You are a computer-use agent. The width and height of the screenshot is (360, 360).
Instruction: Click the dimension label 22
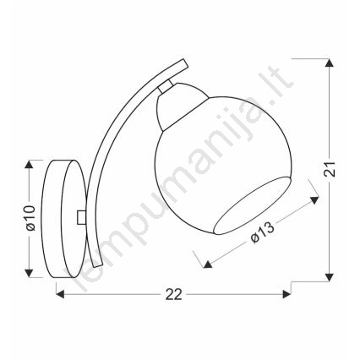click(174, 295)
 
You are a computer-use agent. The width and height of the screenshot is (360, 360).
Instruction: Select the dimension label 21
click(330, 169)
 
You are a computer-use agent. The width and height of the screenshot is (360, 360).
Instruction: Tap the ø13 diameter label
click(262, 232)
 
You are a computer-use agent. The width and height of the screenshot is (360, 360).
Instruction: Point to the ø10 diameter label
click(30, 218)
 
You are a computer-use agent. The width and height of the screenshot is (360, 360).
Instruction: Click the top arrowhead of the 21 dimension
click(330, 63)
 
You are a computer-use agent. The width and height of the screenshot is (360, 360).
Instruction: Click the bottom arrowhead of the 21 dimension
click(330, 277)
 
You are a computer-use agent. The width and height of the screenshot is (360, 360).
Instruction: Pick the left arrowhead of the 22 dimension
click(60, 294)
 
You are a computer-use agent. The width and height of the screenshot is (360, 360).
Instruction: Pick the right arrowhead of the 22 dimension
click(286, 294)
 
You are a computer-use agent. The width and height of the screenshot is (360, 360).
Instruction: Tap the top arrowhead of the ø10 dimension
click(29, 165)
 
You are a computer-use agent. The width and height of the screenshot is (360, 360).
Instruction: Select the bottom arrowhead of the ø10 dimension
click(29, 273)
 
